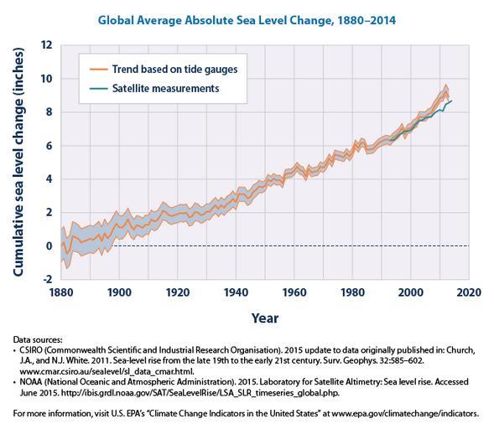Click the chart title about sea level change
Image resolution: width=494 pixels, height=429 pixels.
point(247,20)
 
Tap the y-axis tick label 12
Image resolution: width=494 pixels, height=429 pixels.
point(47,45)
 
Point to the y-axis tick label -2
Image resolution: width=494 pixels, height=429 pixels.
point(47,279)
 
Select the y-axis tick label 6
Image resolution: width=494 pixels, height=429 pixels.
point(49,146)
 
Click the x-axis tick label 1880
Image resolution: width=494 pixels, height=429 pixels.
point(60,292)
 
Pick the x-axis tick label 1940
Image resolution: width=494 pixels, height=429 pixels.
point(236,292)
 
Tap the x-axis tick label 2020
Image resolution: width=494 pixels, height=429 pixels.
point(469,292)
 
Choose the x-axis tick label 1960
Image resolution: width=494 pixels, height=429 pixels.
point(294,292)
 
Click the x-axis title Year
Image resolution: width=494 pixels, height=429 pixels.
point(265,318)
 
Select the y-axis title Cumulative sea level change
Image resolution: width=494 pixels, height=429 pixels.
point(18,162)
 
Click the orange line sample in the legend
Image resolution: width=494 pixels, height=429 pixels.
point(99,70)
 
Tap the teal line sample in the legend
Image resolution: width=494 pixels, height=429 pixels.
point(99,89)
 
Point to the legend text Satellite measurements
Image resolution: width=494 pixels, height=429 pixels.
point(166,89)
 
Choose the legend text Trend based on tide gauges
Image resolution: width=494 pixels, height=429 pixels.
point(174,70)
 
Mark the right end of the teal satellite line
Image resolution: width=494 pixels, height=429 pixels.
point(451,101)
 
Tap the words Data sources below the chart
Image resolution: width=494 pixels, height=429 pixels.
point(38,340)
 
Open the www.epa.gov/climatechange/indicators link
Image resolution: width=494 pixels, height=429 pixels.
point(405,413)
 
